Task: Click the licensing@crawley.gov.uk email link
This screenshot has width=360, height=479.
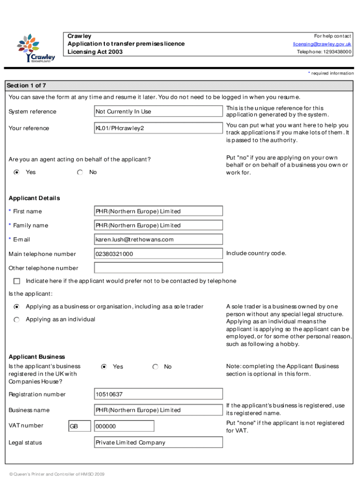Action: coord(322,44)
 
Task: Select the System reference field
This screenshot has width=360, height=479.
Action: coord(158,111)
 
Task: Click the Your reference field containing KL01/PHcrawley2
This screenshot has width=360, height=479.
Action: coord(158,128)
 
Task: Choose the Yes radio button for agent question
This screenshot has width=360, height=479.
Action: coord(17,172)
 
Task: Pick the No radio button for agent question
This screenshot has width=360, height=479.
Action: coord(80,172)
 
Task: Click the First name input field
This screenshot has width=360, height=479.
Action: coord(158,211)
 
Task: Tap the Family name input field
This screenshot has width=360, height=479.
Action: coord(158,225)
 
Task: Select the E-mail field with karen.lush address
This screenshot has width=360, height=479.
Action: coord(158,239)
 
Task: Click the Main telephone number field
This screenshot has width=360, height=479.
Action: coord(158,254)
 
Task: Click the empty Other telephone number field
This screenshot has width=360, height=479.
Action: coord(158,268)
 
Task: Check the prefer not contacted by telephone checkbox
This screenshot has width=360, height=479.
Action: coord(17,281)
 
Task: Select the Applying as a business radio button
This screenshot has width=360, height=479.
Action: coord(17,307)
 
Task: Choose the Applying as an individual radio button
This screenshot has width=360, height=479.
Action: coord(17,319)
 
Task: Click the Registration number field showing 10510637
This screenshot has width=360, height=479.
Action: coord(158,394)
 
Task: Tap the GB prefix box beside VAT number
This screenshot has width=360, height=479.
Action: coord(79,426)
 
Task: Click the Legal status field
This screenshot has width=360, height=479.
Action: coord(158,443)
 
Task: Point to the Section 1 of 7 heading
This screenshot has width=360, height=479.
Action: coord(26,86)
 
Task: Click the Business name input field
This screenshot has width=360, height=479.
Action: coord(158,410)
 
